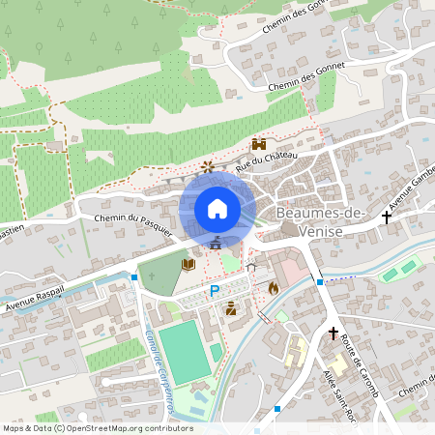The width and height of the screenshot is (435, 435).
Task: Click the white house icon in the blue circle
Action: click(x=217, y=209)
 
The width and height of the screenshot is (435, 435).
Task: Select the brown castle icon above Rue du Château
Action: click(x=259, y=144)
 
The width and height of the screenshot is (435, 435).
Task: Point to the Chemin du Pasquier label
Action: click(x=132, y=225)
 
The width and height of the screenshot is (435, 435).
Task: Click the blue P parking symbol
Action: click(x=215, y=290)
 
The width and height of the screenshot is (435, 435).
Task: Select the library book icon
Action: click(x=188, y=263)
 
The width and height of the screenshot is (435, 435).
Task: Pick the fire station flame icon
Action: click(x=274, y=287)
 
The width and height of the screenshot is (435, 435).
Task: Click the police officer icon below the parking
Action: click(x=231, y=309)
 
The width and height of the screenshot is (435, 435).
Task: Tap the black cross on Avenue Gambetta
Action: click(x=387, y=217)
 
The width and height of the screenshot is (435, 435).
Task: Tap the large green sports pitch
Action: click(x=183, y=352)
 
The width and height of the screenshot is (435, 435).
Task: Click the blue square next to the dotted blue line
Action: click(x=319, y=282)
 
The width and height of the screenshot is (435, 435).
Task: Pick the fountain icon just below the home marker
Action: click(x=217, y=242)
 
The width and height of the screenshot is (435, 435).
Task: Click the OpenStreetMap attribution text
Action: click(x=97, y=428)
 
